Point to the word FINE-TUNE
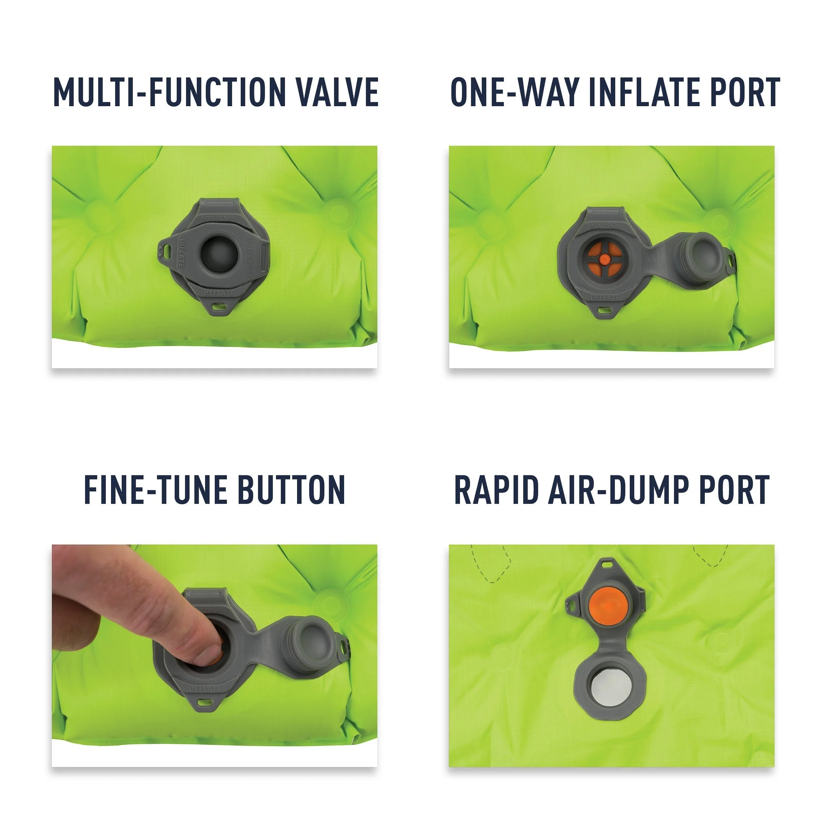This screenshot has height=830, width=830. [x=155, y=490]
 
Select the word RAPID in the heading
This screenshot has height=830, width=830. [x=496, y=490]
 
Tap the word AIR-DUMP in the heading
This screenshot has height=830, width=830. [x=618, y=490]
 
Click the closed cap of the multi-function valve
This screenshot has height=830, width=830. [x=219, y=253]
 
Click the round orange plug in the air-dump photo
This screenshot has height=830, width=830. [x=609, y=606]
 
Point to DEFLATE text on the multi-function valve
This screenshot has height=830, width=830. [x=220, y=293]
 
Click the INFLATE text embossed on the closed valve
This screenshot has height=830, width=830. [x=181, y=253]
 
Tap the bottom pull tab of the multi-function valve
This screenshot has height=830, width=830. [x=220, y=307]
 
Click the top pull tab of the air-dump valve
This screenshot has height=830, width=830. [x=607, y=564]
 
